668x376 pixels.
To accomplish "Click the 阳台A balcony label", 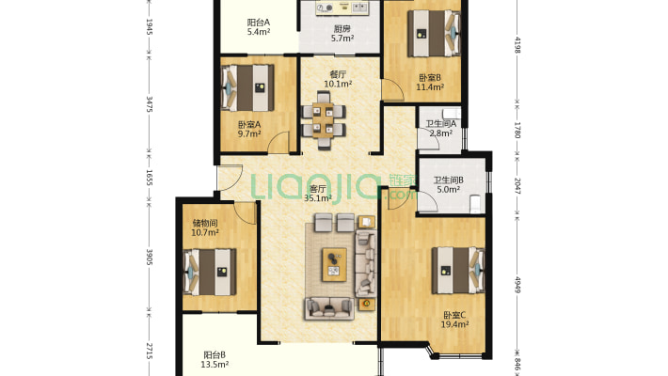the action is pos(259,23).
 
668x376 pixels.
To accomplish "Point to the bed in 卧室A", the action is pos(247,87).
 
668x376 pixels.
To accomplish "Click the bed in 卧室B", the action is pos(434,33).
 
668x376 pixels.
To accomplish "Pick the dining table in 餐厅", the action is pos(324,120).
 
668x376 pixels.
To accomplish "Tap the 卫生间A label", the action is pos(441,124).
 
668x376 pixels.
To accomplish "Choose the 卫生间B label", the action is pos(449,180).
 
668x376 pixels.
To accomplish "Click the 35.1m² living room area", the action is pos(318,198).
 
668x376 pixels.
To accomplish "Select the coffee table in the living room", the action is pos(334,264).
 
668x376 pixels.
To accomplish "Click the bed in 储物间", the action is pos(210,272).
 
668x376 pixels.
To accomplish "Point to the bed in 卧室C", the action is pos(458,271).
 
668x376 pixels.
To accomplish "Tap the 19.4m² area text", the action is pos(455,324).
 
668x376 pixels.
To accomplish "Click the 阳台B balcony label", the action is pos(215,354).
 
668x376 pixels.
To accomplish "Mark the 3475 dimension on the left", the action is pos(149,104).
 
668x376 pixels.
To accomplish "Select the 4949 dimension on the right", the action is pos(517,285).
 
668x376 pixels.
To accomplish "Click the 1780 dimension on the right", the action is pos(517,130).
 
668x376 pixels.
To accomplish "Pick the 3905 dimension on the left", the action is pos(149,258).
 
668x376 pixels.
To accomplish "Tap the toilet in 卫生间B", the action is pos(474,204).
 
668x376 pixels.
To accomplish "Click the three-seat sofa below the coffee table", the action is pos(329,308).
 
